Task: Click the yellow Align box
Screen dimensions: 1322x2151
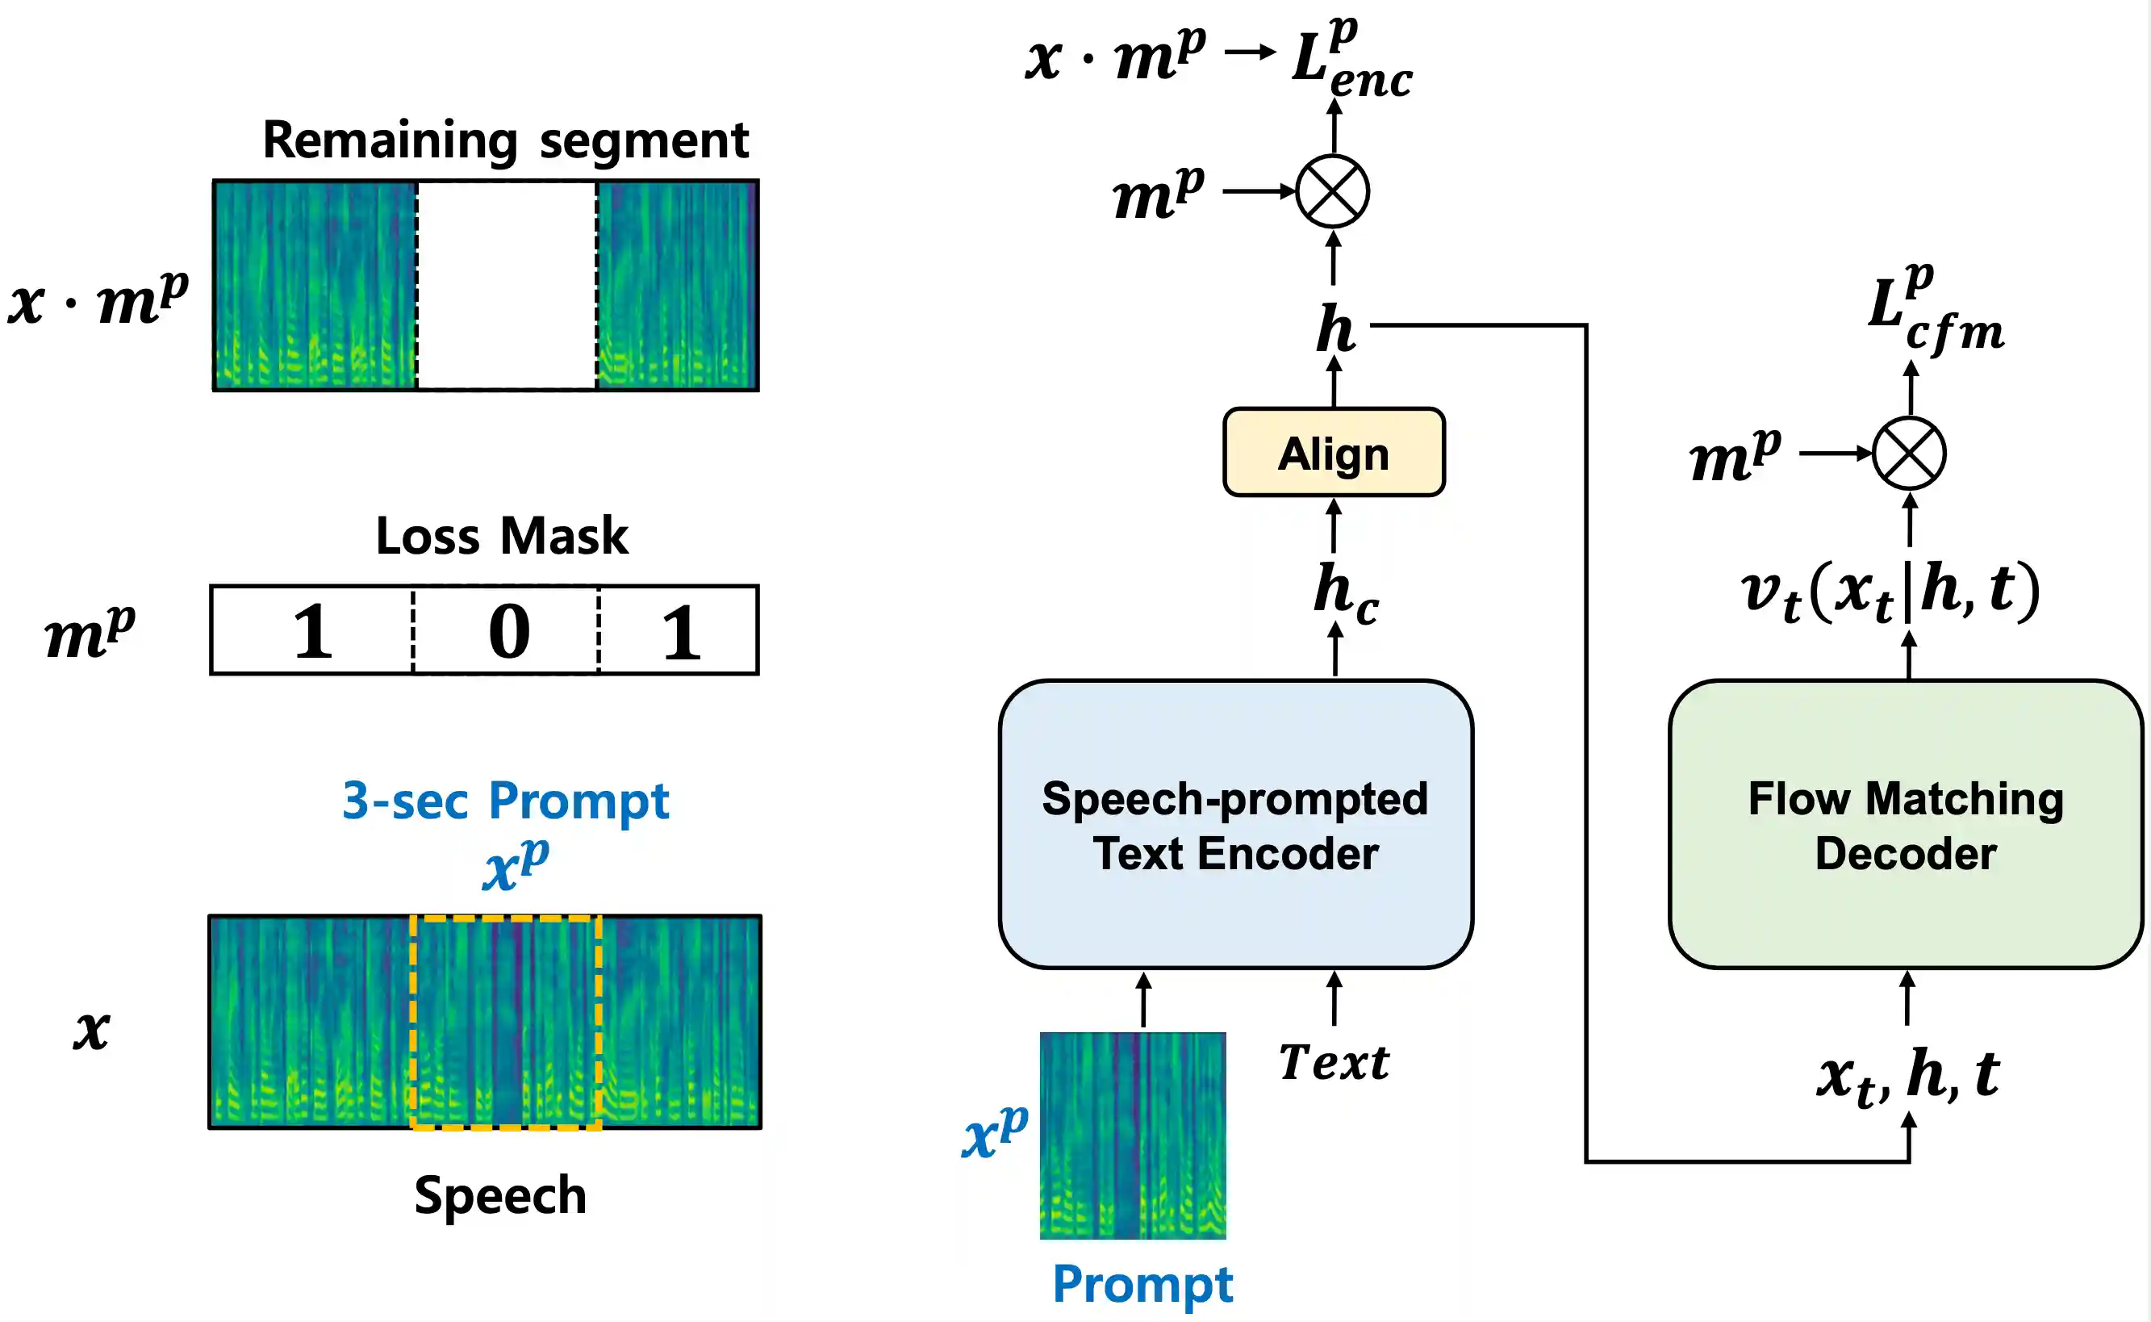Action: coord(1333,453)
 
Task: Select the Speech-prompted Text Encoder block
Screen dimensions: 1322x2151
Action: coord(1235,825)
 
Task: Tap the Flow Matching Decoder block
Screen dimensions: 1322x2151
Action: coord(1906,825)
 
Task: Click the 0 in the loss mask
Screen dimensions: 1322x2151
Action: coord(508,631)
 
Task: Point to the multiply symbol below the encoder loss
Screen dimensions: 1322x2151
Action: coord(1332,191)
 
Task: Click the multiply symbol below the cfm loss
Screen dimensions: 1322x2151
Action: coord(1909,453)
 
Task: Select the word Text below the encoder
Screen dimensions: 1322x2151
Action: coord(1334,1063)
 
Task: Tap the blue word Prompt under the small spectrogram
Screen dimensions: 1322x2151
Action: coord(1142,1283)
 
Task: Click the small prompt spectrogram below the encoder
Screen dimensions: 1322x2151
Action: coord(1133,1135)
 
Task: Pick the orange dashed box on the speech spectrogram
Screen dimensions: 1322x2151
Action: coord(506,1022)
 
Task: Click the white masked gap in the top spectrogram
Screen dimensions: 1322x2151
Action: coord(506,285)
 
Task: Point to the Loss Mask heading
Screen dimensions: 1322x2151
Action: coord(502,535)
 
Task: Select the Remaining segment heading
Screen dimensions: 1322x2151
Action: coord(505,140)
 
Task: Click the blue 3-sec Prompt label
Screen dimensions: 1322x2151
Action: coord(505,800)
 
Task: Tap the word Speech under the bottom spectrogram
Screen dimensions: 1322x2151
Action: coord(500,1194)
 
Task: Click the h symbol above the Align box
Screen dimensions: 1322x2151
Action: coord(1335,328)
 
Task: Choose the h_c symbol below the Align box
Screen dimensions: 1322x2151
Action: coord(1344,592)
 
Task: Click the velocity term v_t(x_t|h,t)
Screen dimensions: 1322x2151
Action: coord(1890,591)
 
